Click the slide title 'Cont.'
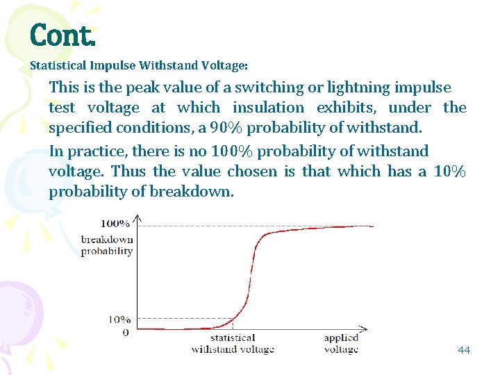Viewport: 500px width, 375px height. [61, 35]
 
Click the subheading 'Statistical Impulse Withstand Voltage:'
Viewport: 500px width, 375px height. [139, 66]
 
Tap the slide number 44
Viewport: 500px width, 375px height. [464, 349]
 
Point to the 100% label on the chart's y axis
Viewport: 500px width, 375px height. [115, 224]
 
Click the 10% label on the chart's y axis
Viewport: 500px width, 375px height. [119, 320]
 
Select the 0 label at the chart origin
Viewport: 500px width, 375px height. [125, 332]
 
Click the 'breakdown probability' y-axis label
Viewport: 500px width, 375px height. [107, 245]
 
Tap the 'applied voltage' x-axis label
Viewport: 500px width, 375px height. [341, 344]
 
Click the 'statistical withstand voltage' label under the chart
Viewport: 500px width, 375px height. [233, 344]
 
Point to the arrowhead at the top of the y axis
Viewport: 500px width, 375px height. [137, 217]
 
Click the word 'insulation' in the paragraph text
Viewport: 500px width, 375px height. [268, 108]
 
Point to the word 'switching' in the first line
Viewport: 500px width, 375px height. [267, 87]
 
